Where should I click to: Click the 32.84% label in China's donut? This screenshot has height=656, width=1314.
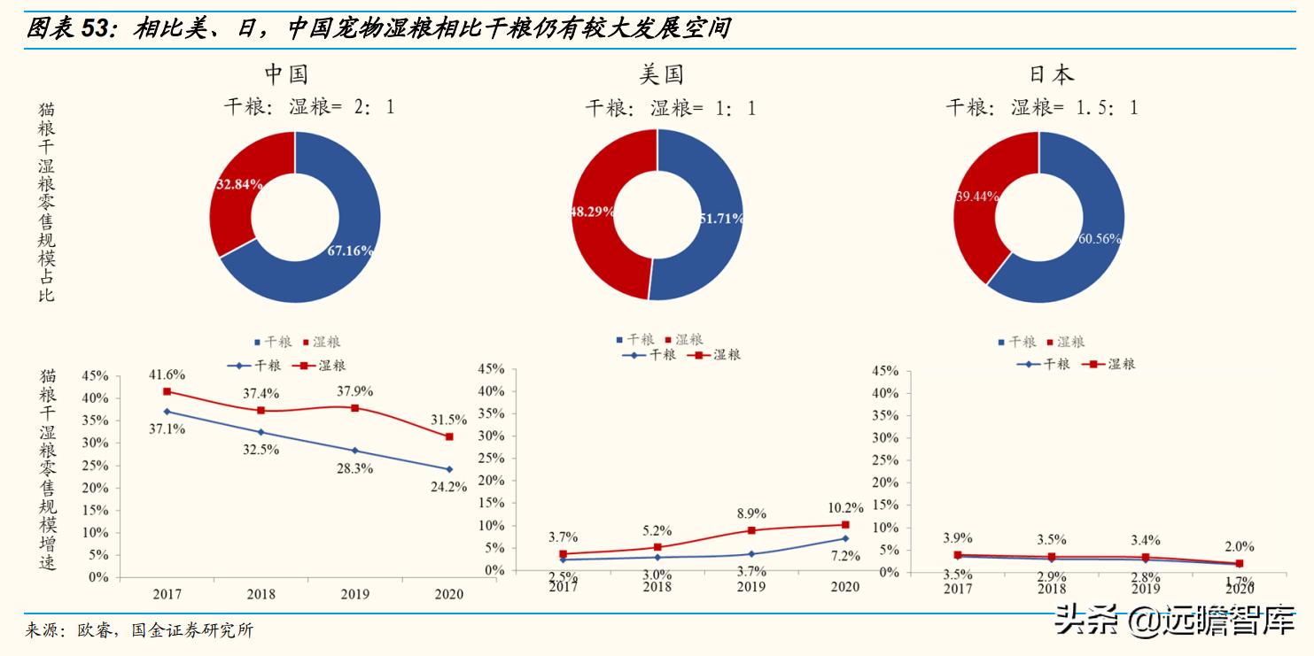[239, 185]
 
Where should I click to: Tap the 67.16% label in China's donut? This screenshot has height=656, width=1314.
[349, 251]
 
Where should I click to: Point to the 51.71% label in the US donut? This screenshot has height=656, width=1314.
[721, 218]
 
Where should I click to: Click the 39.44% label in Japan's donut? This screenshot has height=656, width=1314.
[977, 196]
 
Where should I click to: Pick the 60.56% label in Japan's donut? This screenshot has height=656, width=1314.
[1100, 239]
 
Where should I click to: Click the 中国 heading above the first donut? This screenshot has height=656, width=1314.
[286, 73]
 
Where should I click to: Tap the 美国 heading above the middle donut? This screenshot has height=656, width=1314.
[662, 73]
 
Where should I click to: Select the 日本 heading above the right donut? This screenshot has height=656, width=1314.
[1052, 73]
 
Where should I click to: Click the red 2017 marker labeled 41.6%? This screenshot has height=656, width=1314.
[167, 391]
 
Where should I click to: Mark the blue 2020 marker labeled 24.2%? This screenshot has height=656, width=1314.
[449, 469]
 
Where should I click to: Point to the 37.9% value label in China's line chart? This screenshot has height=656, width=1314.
[354, 390]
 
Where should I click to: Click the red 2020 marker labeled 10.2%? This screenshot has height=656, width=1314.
[845, 525]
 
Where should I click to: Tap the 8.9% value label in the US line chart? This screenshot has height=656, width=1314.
[750, 513]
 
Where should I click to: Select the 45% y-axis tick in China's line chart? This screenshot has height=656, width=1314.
[95, 375]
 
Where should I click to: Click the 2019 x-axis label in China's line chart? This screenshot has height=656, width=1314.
[354, 594]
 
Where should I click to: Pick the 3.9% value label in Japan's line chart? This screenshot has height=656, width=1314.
[957, 537]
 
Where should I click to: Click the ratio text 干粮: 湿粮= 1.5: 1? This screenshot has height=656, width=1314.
[1042, 108]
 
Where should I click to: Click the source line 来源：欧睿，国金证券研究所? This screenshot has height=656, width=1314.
[140, 631]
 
